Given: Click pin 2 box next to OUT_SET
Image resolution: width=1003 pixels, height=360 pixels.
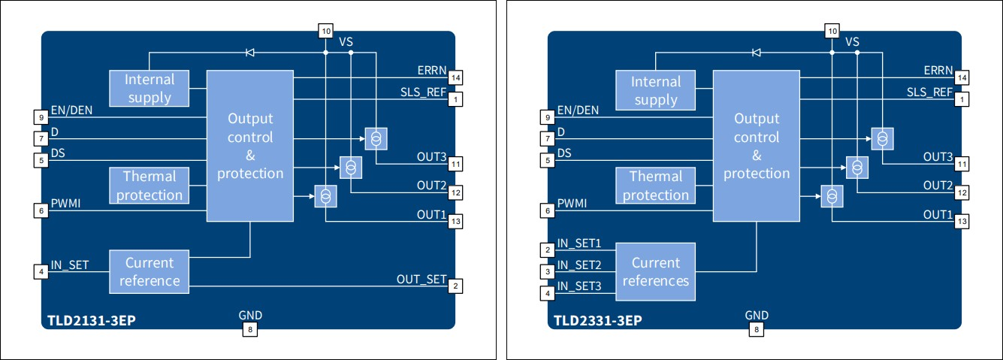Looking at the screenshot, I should click(455, 286).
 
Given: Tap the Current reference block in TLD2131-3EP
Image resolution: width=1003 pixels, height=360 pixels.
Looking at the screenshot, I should click(149, 271).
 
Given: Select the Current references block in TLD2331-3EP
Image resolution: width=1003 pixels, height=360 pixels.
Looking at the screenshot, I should click(655, 271).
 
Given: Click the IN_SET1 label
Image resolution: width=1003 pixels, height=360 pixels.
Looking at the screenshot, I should click(579, 244).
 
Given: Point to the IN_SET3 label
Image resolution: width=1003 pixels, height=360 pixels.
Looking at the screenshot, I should click(579, 286).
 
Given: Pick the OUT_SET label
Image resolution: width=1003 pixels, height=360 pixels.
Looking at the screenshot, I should click(421, 280).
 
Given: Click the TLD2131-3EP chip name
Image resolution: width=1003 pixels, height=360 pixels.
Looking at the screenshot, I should click(92, 320).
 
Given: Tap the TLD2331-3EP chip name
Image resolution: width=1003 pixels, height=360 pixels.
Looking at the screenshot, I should click(598, 320).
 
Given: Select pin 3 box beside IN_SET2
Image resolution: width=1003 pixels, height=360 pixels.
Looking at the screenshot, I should click(548, 271).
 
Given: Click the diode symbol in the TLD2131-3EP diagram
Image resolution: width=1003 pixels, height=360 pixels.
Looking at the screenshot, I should click(250, 53).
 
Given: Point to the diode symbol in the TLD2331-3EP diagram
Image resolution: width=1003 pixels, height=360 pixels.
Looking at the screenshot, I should click(757, 53).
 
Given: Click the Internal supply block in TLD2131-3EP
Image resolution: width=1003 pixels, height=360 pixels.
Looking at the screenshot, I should click(149, 88).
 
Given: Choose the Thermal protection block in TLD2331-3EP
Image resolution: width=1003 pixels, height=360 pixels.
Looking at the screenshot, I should click(655, 186).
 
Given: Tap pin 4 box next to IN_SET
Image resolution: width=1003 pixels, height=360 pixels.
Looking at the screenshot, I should click(41, 271).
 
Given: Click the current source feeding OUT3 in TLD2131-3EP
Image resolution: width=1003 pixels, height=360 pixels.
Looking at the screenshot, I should click(375, 138).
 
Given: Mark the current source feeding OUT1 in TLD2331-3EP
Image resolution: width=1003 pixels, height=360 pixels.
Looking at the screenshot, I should click(832, 195).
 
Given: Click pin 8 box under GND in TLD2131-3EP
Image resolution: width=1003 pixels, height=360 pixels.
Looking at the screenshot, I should click(250, 329).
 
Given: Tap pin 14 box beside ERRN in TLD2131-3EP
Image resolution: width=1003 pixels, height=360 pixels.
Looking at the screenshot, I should click(455, 77).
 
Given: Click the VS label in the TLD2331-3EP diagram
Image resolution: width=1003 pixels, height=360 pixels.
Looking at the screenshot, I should click(852, 42).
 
